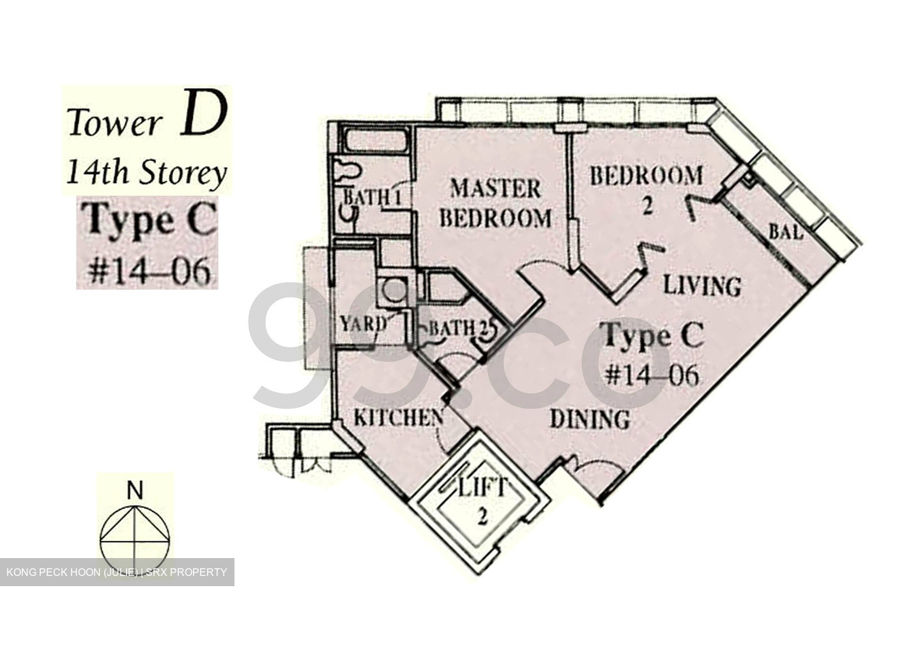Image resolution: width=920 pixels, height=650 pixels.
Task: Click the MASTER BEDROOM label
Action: (x=495, y=203)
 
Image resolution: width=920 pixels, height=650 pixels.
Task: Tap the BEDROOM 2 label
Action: (x=645, y=185)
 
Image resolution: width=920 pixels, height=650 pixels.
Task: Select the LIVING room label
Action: (x=701, y=285)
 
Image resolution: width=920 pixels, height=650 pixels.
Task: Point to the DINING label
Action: (x=590, y=419)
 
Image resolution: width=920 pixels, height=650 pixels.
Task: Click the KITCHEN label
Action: (x=398, y=418)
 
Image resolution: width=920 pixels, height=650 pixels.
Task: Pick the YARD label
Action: (x=362, y=324)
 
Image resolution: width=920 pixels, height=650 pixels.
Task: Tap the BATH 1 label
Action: (x=372, y=197)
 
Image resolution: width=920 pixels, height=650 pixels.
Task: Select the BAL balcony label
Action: (x=785, y=232)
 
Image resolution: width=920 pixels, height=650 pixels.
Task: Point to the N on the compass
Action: (x=134, y=491)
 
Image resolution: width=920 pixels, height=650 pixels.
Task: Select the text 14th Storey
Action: (x=146, y=173)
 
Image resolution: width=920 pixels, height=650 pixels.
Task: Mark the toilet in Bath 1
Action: (x=348, y=171)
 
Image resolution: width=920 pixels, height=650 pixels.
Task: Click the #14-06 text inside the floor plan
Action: (x=651, y=374)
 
